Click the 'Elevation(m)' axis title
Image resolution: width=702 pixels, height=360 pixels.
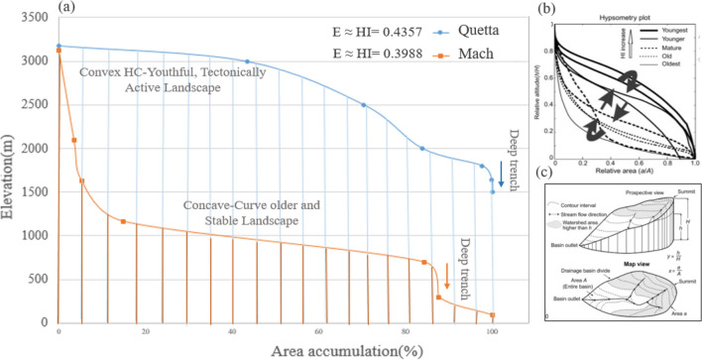[11, 171]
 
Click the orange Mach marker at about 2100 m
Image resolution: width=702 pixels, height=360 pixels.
[74, 141]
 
